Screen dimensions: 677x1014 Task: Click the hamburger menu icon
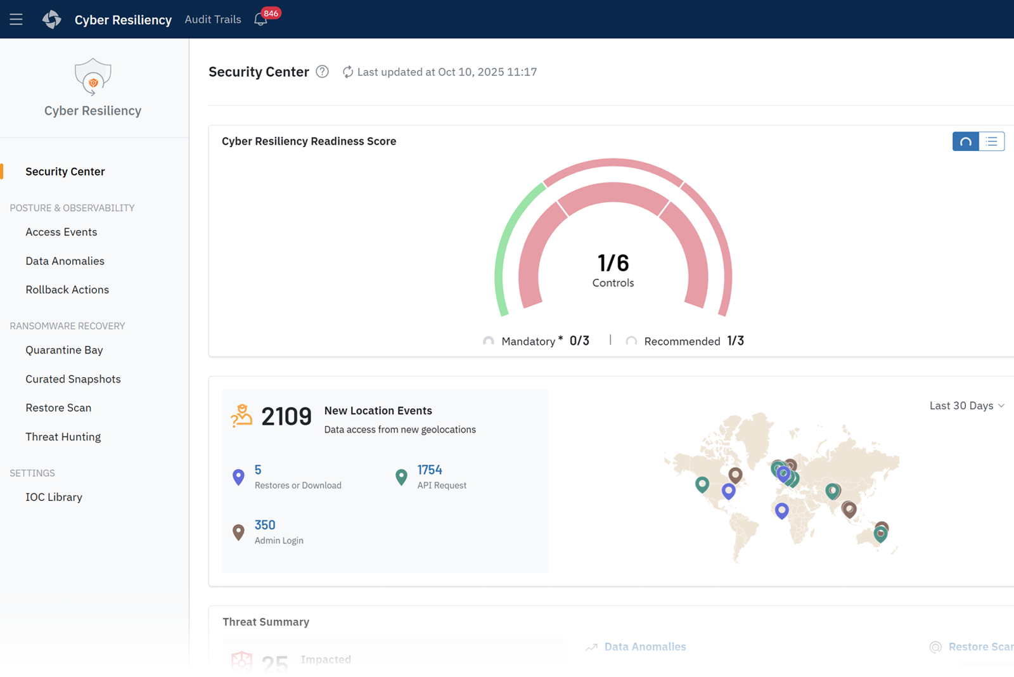(x=16, y=19)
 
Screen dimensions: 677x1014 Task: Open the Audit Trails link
(x=212, y=19)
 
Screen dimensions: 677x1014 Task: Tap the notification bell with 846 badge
(x=260, y=20)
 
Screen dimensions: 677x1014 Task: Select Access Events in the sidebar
(x=61, y=232)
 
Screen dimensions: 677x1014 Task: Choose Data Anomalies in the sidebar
(x=65, y=261)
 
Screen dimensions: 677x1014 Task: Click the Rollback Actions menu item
(x=67, y=290)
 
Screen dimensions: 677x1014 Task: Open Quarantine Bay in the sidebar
(x=64, y=350)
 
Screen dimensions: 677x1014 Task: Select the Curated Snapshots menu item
(x=73, y=379)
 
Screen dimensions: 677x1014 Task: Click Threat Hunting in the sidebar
(x=63, y=437)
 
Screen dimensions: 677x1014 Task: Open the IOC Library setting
(x=54, y=497)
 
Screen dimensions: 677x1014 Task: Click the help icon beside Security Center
(x=322, y=72)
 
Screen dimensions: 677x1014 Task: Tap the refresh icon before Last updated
(x=348, y=72)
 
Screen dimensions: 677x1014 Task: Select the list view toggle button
(x=992, y=141)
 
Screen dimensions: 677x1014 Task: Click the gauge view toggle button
(x=966, y=141)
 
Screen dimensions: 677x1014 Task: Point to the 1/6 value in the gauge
(x=613, y=262)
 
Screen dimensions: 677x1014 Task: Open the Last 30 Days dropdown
(x=966, y=406)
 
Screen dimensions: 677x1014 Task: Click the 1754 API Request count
(x=430, y=470)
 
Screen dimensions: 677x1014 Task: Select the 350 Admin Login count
(x=265, y=525)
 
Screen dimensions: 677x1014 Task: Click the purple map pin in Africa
(x=782, y=510)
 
